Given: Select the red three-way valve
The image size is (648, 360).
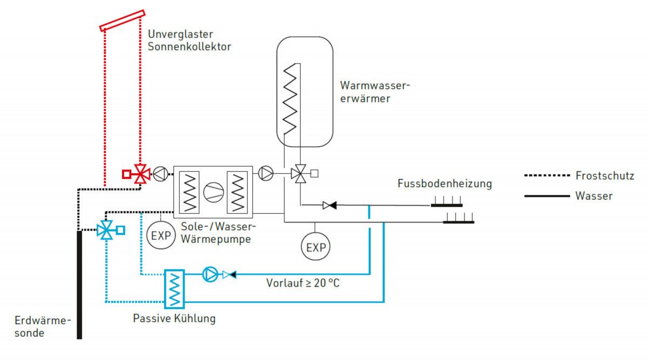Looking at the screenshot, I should (x=141, y=174).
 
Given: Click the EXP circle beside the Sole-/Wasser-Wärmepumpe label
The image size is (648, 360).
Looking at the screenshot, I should (x=160, y=235).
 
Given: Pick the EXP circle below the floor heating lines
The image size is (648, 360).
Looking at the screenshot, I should (x=316, y=247).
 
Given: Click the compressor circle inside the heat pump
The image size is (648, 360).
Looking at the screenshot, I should (x=212, y=191).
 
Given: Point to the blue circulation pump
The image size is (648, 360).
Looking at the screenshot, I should (x=209, y=274).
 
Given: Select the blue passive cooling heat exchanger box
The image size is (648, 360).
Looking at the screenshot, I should (x=174, y=289).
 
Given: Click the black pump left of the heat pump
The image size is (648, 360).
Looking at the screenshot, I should (x=160, y=174).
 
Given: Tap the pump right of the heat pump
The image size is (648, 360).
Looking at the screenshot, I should (x=266, y=173).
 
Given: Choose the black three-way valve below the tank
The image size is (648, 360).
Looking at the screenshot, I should (x=298, y=174).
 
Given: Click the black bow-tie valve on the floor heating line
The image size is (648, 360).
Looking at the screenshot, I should (x=328, y=205).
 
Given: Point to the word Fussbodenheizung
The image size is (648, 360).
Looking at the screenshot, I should (x=444, y=184).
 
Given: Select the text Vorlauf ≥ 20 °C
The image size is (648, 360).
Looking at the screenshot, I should (x=302, y=282).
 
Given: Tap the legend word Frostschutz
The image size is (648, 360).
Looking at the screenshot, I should (x=604, y=175).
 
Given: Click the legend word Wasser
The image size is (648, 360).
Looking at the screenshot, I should (x=594, y=196).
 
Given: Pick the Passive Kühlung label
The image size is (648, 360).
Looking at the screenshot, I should (x=174, y=318).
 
